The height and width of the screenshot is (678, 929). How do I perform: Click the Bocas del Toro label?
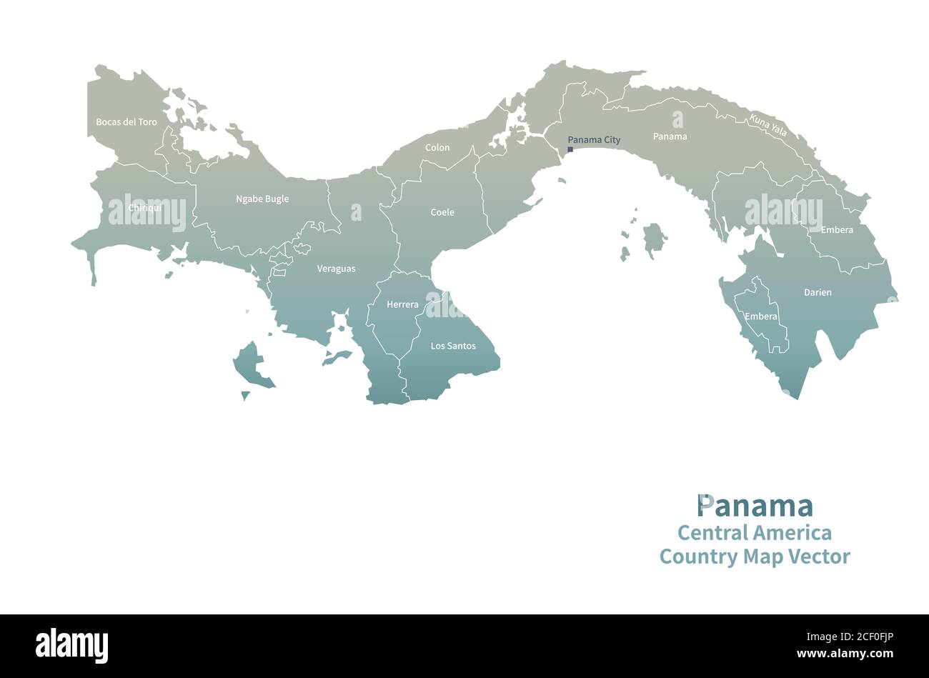pyautogui.click(x=126, y=122)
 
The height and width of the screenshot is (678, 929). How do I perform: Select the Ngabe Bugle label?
pyautogui.click(x=262, y=199)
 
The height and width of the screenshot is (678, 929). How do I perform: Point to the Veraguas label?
pyautogui.click(x=336, y=269)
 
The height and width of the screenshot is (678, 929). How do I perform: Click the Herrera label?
pyautogui.click(x=402, y=304)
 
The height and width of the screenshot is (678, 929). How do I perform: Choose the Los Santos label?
pyautogui.click(x=453, y=346)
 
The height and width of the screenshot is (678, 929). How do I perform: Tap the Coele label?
pyautogui.click(x=442, y=212)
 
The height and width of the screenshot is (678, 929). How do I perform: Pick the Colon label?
pyautogui.click(x=437, y=148)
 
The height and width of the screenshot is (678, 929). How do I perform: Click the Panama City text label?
pyautogui.click(x=594, y=140)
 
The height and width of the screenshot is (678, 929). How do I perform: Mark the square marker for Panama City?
pyautogui.click(x=570, y=149)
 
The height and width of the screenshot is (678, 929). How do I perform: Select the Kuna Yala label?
pyautogui.click(x=767, y=125)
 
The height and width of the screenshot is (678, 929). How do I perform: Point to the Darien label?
pyautogui.click(x=818, y=292)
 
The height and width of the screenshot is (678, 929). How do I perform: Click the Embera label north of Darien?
pyautogui.click(x=837, y=230)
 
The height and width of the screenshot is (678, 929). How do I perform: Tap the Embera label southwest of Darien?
pyautogui.click(x=761, y=316)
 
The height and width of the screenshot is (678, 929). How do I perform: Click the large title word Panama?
pyautogui.click(x=755, y=506)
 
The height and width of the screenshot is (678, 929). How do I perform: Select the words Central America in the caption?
pyautogui.click(x=754, y=533)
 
